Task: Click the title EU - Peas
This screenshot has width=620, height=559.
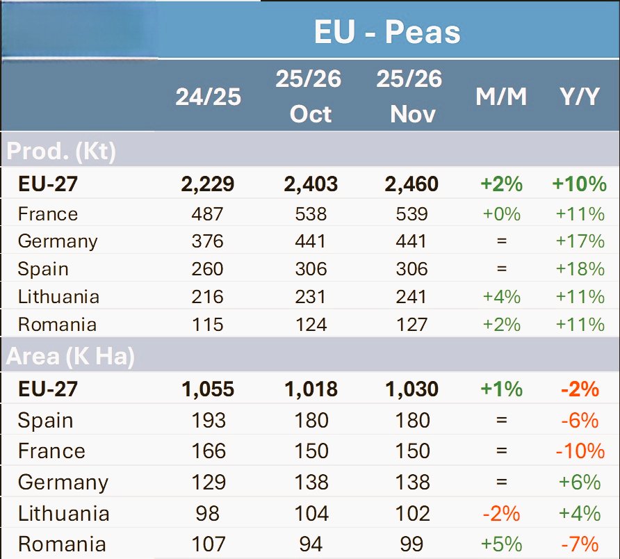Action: [x=387, y=32]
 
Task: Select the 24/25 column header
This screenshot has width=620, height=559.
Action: [x=208, y=96]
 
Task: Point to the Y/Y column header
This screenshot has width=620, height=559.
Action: [x=580, y=97]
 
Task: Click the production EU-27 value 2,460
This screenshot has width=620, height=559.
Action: [x=411, y=184]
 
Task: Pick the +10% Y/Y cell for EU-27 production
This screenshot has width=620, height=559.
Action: [x=580, y=184]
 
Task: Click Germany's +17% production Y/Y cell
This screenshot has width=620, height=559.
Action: [x=580, y=241]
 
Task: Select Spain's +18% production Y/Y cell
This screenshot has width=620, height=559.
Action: [x=580, y=269]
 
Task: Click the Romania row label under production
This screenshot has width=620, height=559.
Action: [x=57, y=325]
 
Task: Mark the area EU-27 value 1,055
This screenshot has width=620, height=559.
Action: [x=207, y=389]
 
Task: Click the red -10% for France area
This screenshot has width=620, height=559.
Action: [x=580, y=451]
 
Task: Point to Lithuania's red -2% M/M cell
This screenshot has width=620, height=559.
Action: [x=502, y=514]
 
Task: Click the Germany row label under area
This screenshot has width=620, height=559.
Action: [x=63, y=483]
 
